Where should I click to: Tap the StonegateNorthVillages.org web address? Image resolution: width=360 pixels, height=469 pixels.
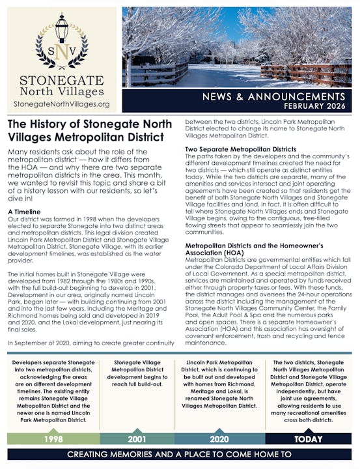[x=62, y=104]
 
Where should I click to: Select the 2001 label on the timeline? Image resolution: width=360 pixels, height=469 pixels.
[x=137, y=439]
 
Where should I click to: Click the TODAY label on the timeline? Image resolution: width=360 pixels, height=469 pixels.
[x=309, y=439]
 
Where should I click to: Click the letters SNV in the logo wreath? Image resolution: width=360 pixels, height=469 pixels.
[x=61, y=51]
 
